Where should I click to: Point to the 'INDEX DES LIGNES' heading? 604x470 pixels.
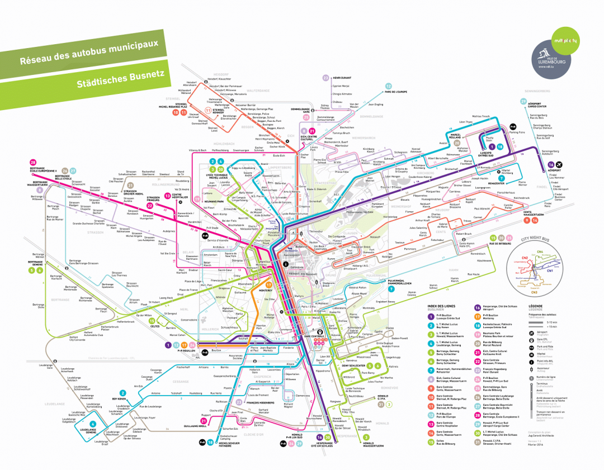[x=442, y=306]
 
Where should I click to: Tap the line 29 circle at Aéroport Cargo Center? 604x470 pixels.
[x=523, y=101]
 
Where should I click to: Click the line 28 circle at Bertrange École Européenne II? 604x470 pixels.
[x=33, y=163]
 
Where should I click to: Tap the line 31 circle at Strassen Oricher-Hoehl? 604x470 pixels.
[x=130, y=185]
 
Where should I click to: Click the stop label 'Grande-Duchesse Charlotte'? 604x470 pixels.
[x=89, y=224]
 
